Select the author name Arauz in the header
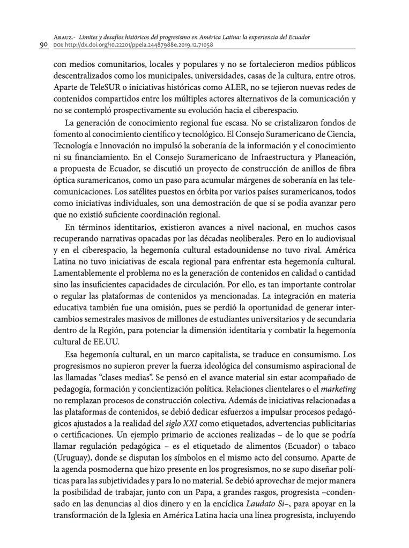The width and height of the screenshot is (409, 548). click(x=65, y=36)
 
